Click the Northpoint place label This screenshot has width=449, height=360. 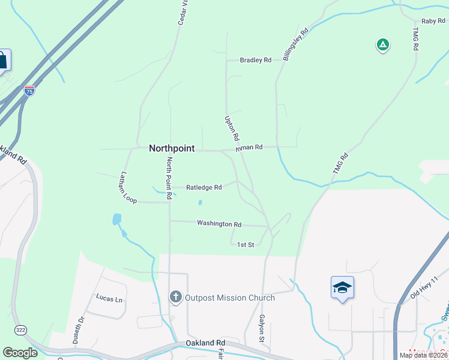[x=172, y=148]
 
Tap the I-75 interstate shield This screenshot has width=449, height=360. [x=29, y=91]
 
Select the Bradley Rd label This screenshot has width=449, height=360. [x=256, y=60]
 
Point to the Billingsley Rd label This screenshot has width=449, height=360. [x=295, y=44]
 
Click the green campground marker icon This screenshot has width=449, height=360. [x=382, y=44]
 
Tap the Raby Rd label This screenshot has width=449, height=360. [x=432, y=21]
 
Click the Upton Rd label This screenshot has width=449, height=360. [x=231, y=128]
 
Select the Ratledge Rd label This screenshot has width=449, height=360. [x=204, y=187]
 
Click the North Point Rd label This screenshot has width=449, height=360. [x=170, y=178]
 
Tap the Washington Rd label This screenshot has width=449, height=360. [x=219, y=224]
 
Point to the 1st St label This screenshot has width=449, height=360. [x=246, y=245]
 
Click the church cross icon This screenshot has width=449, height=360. [x=175, y=296]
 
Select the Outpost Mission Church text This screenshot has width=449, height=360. [x=230, y=298]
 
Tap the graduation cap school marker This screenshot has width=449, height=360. [x=342, y=287]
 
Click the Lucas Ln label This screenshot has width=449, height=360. [x=109, y=298]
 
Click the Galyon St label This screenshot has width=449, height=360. [x=262, y=329]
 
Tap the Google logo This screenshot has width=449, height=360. [x=20, y=353]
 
